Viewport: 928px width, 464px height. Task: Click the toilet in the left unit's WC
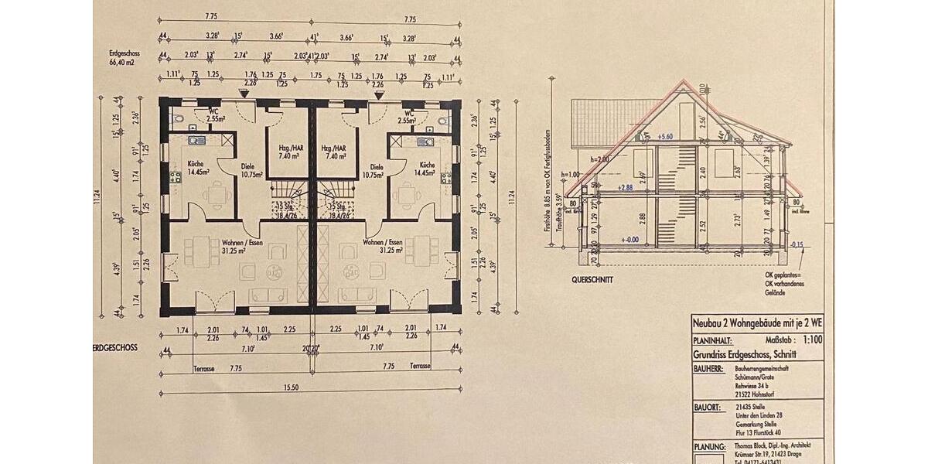[176, 120]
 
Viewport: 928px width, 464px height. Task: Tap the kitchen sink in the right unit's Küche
[424, 142]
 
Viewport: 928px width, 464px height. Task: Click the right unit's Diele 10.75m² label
[377, 170]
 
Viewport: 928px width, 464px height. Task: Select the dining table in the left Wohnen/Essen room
[200, 251]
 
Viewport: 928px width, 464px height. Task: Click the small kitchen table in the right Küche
[405, 195]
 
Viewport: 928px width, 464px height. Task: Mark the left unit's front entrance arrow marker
[244, 94]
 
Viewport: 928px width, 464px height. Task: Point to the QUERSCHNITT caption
[592, 279]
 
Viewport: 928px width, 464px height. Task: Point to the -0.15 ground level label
[799, 246]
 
